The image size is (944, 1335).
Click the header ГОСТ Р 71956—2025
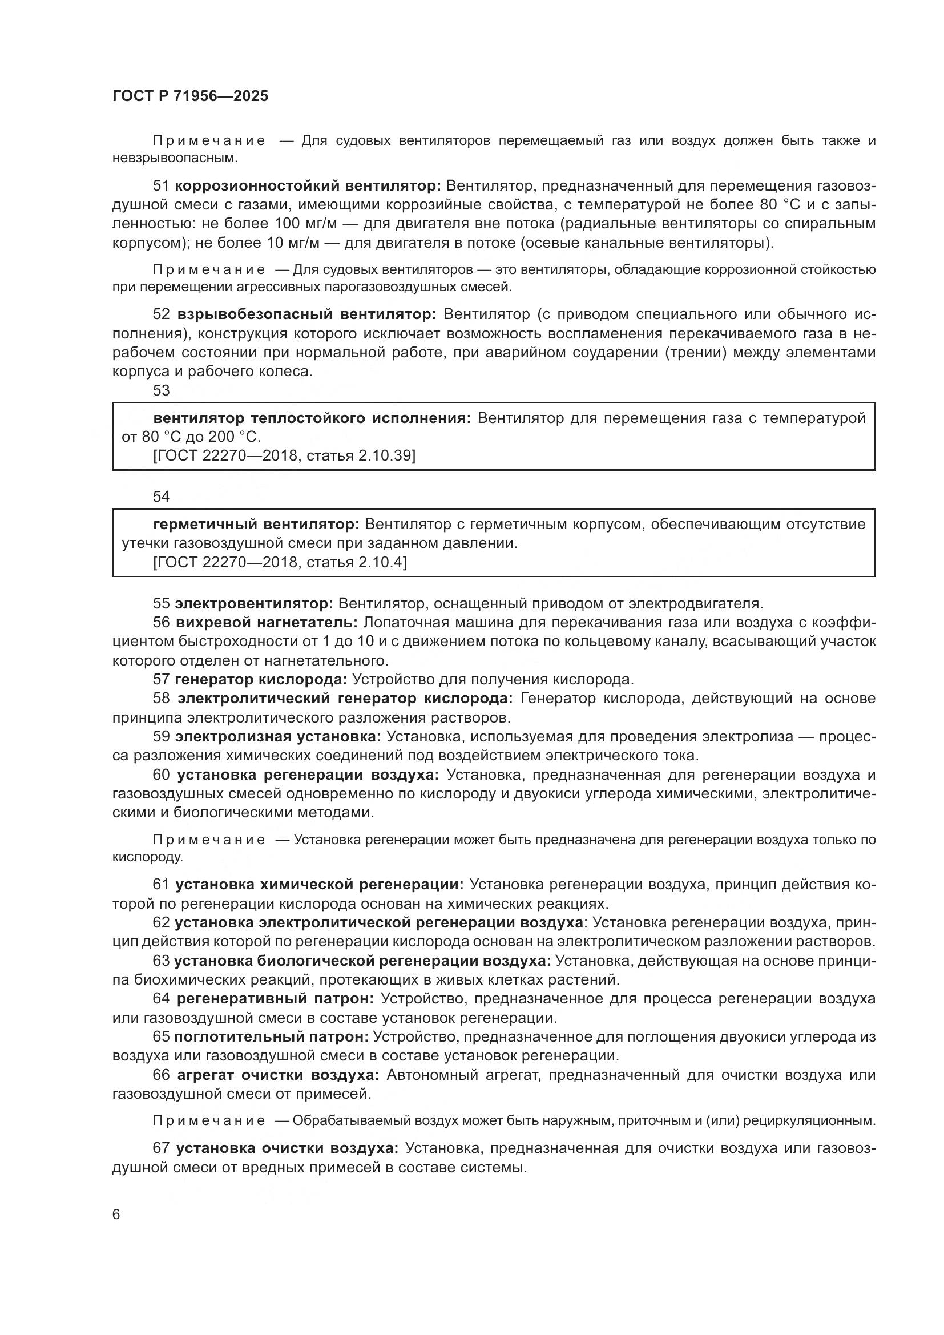click(190, 96)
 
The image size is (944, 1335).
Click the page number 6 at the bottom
click(116, 1214)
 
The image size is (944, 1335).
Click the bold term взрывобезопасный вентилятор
click(306, 314)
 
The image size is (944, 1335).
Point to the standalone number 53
click(161, 390)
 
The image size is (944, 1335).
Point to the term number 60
click(161, 775)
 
